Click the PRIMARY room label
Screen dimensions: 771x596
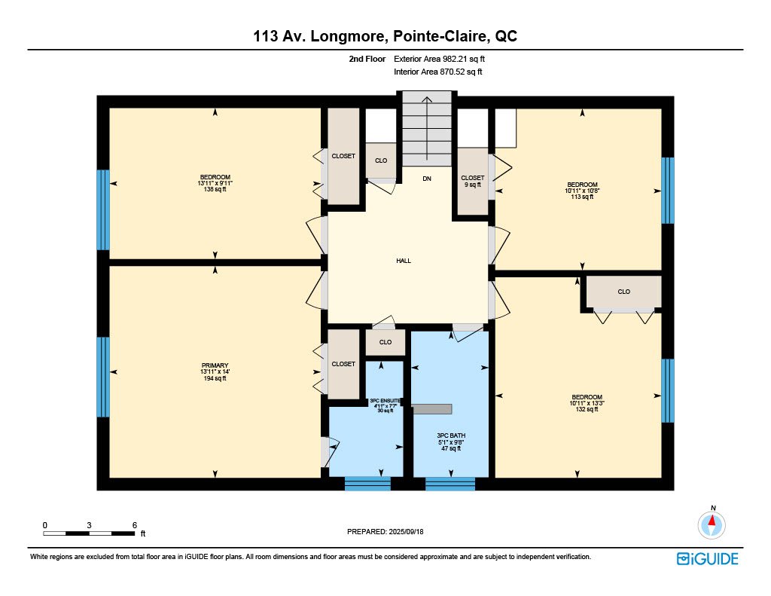pyautogui.click(x=215, y=365)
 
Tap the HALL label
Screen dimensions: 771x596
pyautogui.click(x=404, y=261)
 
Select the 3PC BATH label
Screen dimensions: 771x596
pyautogui.click(x=451, y=436)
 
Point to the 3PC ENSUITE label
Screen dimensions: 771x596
pyautogui.click(x=385, y=401)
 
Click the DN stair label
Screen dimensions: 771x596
pyautogui.click(x=427, y=179)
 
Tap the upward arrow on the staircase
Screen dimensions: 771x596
pyautogui.click(x=427, y=128)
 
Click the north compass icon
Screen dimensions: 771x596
pyautogui.click(x=712, y=524)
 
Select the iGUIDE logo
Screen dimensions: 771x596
pyautogui.click(x=707, y=559)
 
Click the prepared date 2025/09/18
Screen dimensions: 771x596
pyautogui.click(x=406, y=531)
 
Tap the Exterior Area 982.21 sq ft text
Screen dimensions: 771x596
pyautogui.click(x=439, y=59)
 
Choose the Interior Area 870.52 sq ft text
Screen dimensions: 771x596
pyautogui.click(x=437, y=72)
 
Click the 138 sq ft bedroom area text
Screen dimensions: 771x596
pyautogui.click(x=215, y=189)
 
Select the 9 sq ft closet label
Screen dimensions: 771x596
pyautogui.click(x=473, y=185)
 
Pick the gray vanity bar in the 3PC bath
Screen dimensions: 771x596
pyautogui.click(x=432, y=409)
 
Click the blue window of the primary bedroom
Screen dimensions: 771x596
pyautogui.click(x=103, y=377)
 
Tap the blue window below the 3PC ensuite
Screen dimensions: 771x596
pyautogui.click(x=367, y=483)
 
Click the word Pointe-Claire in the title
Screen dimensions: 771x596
pyautogui.click(x=440, y=36)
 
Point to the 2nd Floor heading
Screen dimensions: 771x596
pyautogui.click(x=367, y=59)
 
